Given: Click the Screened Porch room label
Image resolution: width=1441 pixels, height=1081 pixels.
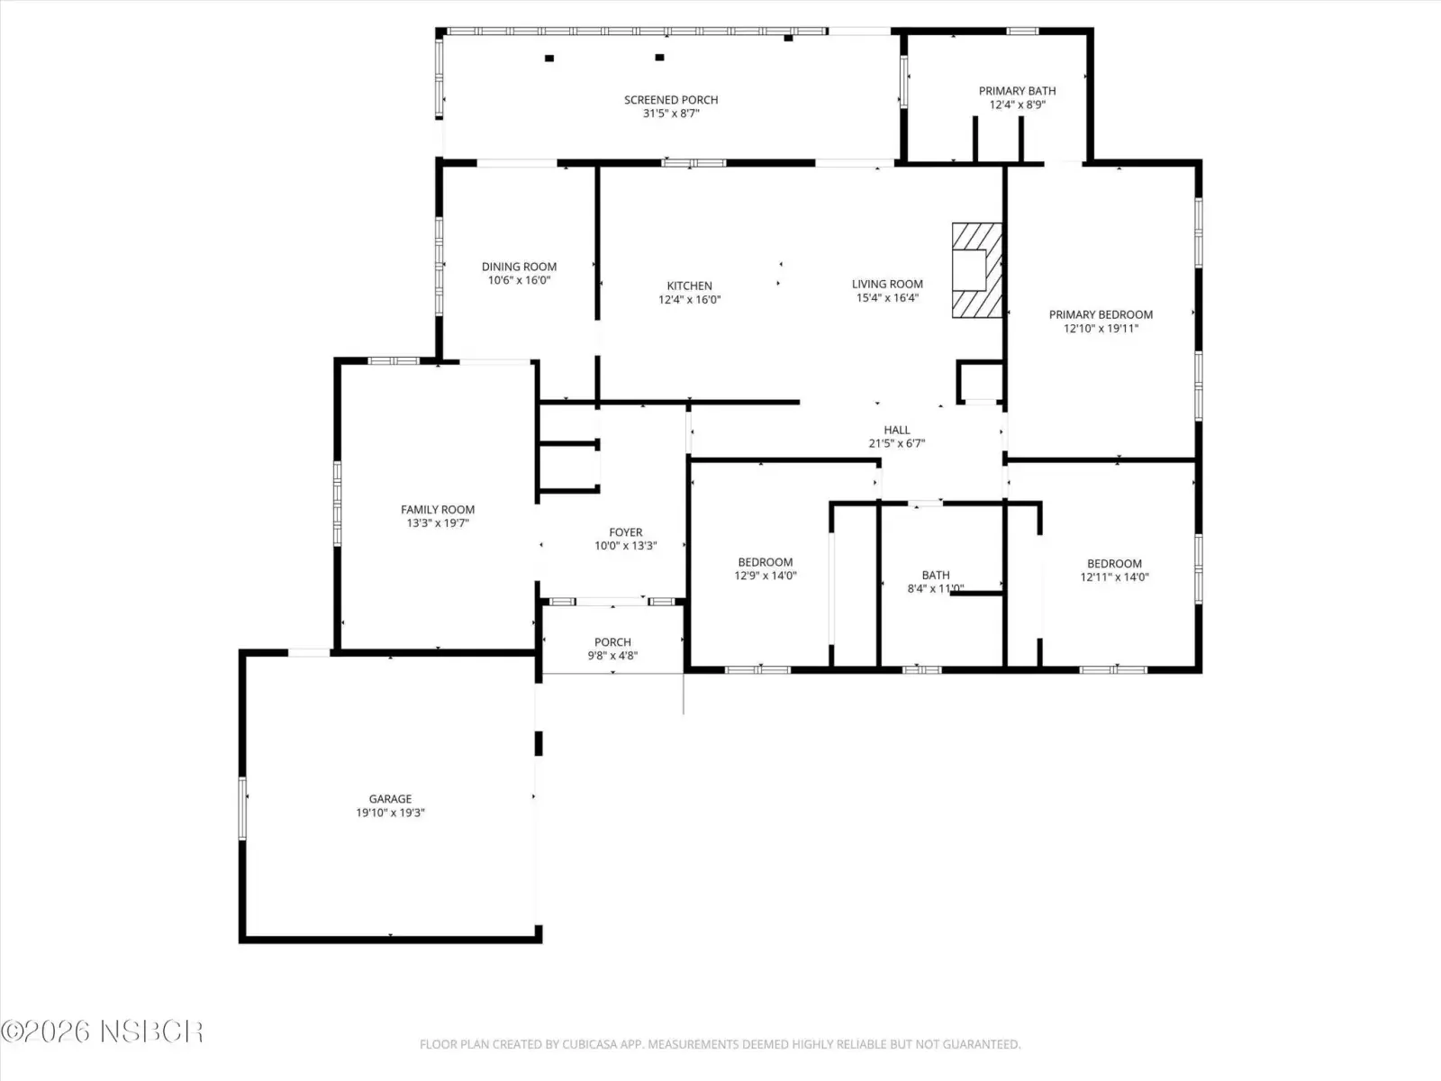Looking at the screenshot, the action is point(671,100).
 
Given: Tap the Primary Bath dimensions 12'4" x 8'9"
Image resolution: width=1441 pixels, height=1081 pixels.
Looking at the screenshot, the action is point(1017,105).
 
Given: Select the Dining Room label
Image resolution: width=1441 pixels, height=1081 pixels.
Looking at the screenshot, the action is point(519,267).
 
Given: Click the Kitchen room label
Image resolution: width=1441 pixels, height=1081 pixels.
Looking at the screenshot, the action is point(689,286).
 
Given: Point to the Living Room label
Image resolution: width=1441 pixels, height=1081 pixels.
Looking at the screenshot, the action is point(887,284).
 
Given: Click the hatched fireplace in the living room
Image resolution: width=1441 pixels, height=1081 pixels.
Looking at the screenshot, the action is point(977,270).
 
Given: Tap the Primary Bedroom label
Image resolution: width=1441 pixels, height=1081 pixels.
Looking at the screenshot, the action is point(1101,314).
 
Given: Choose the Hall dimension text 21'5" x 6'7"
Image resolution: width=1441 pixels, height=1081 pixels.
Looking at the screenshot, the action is point(897,444).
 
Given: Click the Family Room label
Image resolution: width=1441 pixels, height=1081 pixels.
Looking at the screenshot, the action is point(437,509).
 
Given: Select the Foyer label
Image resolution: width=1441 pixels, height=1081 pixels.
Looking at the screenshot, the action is point(625,532).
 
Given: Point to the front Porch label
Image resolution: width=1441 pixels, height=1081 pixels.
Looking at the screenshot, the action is point(612,642).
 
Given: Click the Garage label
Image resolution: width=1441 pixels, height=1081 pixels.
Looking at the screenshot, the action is point(390,799).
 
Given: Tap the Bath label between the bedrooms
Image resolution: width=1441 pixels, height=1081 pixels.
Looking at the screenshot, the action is point(936,575).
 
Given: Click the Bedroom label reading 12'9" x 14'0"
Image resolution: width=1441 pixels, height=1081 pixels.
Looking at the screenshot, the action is point(765,569).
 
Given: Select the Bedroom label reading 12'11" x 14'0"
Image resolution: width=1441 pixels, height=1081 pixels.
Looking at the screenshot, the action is point(1114,570).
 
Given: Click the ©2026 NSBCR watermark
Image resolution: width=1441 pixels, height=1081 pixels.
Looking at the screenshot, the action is point(102,1031).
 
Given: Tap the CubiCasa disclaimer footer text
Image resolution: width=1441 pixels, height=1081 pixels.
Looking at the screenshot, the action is point(720,1043).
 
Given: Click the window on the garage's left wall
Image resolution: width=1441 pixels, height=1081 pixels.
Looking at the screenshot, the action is point(242,808).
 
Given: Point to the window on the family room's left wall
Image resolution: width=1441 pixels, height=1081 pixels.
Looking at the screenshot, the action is point(338,504).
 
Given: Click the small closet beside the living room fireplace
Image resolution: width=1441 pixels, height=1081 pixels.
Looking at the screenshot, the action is point(980,381).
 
